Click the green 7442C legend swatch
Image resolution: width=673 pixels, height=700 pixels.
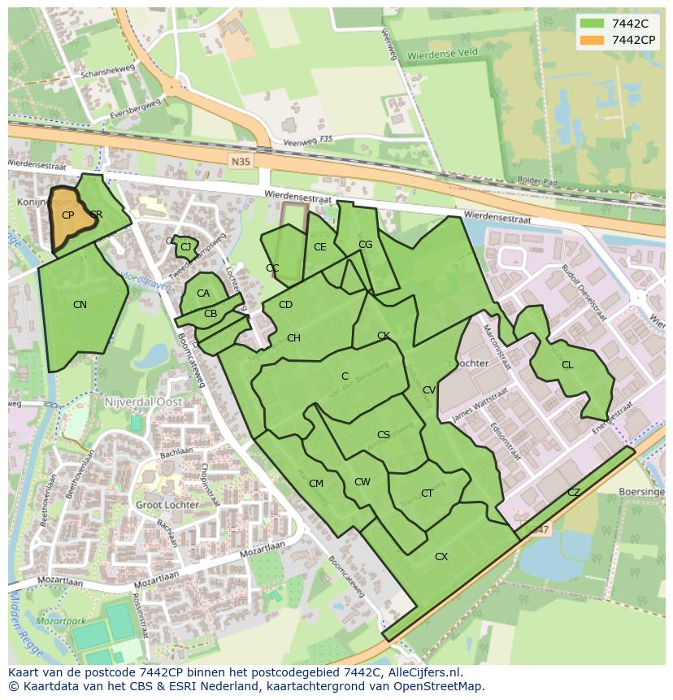[591, 24]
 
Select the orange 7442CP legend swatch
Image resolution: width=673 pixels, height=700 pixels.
[591, 40]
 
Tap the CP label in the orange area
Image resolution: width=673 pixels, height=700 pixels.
[68, 215]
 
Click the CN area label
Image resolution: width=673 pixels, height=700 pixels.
[80, 305]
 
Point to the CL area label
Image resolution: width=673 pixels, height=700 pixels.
[567, 365]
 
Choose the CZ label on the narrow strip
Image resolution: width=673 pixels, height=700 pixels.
[574, 493]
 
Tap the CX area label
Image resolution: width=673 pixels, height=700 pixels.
[441, 557]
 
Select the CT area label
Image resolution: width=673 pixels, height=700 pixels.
[427, 493]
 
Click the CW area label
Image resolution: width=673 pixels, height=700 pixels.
[363, 482]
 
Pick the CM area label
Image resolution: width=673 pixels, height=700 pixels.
[316, 484]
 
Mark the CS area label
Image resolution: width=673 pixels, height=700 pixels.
[384, 435]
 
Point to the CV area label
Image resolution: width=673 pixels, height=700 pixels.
[429, 390]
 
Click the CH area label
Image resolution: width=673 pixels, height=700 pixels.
[293, 338]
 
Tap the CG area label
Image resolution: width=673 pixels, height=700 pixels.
[365, 245]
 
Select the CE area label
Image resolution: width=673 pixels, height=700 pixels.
[319, 247]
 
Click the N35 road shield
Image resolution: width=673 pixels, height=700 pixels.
[241, 162]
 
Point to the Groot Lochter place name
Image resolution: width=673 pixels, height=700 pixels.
[167, 505]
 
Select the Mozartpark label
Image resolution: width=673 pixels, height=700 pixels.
[61, 621]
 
